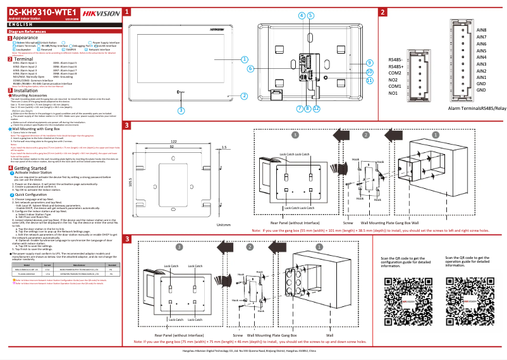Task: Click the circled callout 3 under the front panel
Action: [x=181, y=110]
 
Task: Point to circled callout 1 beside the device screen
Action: [x=243, y=59]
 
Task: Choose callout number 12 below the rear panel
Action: [x=316, y=108]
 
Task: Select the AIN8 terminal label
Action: [x=481, y=30]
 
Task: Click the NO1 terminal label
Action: [x=393, y=93]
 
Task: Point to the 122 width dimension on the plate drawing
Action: [x=173, y=141]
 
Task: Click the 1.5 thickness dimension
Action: [x=224, y=147]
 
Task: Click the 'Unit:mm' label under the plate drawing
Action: [x=223, y=225]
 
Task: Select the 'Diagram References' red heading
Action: [x=27, y=31]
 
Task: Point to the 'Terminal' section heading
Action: [x=23, y=59]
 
